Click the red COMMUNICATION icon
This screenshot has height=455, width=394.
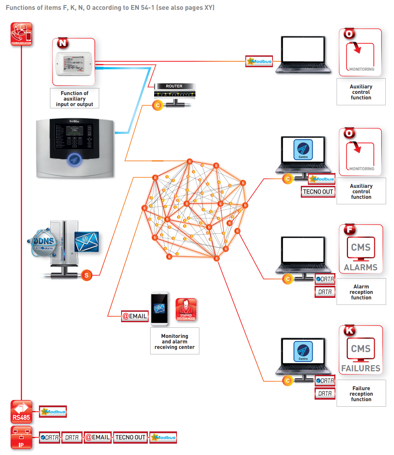[21, 34]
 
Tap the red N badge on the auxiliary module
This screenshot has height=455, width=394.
[63, 42]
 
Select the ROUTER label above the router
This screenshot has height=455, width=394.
[174, 86]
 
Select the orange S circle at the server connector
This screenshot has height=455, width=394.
[87, 275]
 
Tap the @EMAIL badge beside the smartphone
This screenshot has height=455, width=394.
[135, 316]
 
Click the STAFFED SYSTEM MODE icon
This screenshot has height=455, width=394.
[186, 310]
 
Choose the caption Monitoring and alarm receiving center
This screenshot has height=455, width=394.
[175, 341]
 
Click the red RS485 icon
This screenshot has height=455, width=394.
[21, 412]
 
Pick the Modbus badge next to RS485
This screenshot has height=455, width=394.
[53, 412]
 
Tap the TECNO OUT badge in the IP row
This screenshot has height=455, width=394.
[130, 437]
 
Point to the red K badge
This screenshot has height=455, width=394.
[349, 330]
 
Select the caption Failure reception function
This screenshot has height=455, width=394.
[361, 394]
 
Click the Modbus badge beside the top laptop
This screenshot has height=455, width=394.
[259, 62]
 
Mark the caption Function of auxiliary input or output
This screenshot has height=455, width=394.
[75, 99]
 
